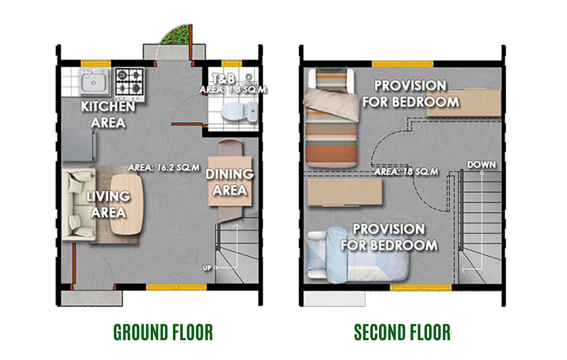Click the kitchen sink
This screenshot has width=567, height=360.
[94, 82]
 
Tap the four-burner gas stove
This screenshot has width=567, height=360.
[130, 82]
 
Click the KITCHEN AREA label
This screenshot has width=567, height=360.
[108, 115]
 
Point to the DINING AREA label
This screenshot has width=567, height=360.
[230, 182]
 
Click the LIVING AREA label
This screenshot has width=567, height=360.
[108, 204]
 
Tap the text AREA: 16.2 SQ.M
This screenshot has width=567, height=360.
[164, 167]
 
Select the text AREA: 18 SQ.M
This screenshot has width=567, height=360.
[406, 172]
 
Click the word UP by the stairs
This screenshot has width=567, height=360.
[207, 268]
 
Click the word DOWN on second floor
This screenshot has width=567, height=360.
[482, 165]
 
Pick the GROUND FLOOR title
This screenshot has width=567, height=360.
[163, 332]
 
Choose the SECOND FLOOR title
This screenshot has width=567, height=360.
[402, 332]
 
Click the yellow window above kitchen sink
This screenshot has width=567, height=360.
[96, 63]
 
